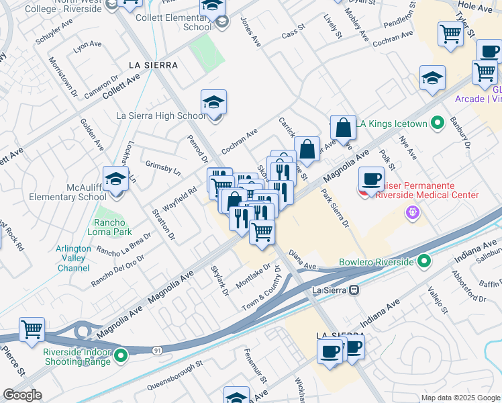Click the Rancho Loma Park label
point(109,228)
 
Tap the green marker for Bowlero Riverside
point(424,261)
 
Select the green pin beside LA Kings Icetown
point(438,123)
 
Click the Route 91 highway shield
point(157,349)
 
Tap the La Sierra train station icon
point(357,290)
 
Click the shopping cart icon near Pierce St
point(32,330)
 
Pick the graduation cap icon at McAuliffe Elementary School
point(115,179)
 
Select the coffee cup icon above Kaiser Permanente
point(371,179)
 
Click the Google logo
point(22,395)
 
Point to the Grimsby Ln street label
point(163,167)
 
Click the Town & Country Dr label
point(262,288)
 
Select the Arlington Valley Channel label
point(74,258)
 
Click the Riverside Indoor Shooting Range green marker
point(121,355)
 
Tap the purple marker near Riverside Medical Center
point(412,213)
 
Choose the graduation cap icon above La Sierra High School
point(214,102)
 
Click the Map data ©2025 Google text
point(460,398)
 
